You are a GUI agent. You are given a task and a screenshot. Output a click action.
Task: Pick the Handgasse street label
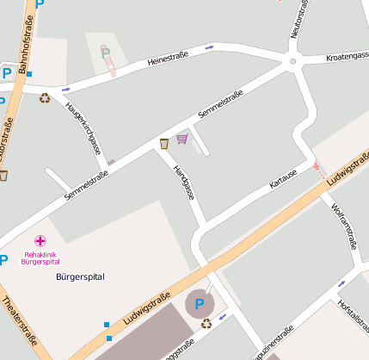(184, 183)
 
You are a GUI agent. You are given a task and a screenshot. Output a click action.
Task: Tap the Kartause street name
(283, 178)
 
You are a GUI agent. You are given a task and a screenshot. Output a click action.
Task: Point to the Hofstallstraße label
(353, 318)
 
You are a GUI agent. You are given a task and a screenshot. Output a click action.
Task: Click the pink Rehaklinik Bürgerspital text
(42, 258)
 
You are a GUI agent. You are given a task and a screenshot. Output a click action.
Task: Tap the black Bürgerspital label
(79, 276)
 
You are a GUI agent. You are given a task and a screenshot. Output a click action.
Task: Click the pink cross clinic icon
(40, 241)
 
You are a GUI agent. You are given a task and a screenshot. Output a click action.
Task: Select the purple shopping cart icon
(181, 138)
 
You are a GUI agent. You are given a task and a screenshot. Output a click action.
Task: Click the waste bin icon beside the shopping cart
(163, 143)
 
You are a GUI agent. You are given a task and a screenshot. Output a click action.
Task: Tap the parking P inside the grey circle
(200, 303)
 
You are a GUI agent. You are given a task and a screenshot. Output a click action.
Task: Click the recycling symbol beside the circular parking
(206, 324)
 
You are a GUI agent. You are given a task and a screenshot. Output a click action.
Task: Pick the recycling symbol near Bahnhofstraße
(44, 97)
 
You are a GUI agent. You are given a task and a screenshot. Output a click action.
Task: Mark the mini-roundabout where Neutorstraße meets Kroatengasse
(292, 61)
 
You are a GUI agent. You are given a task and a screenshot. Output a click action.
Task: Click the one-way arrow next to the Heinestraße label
(211, 48)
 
